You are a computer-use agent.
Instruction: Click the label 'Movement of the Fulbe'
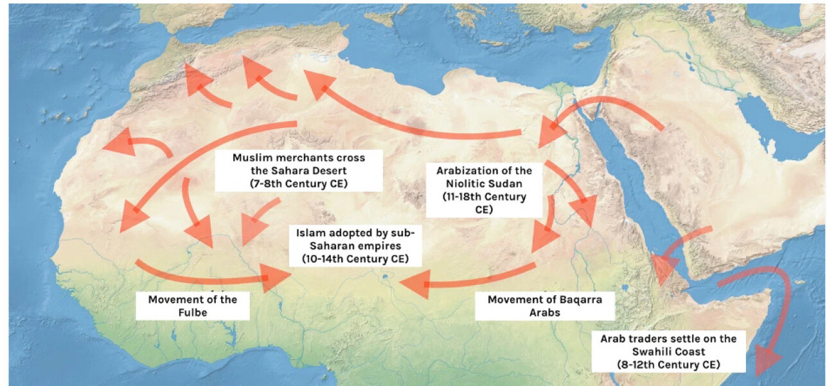tap(192, 305)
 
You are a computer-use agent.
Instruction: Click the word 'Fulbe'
tap(192, 311)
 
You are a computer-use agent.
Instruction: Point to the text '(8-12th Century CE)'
tap(668, 363)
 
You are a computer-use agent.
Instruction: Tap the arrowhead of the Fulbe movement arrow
tap(276, 277)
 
